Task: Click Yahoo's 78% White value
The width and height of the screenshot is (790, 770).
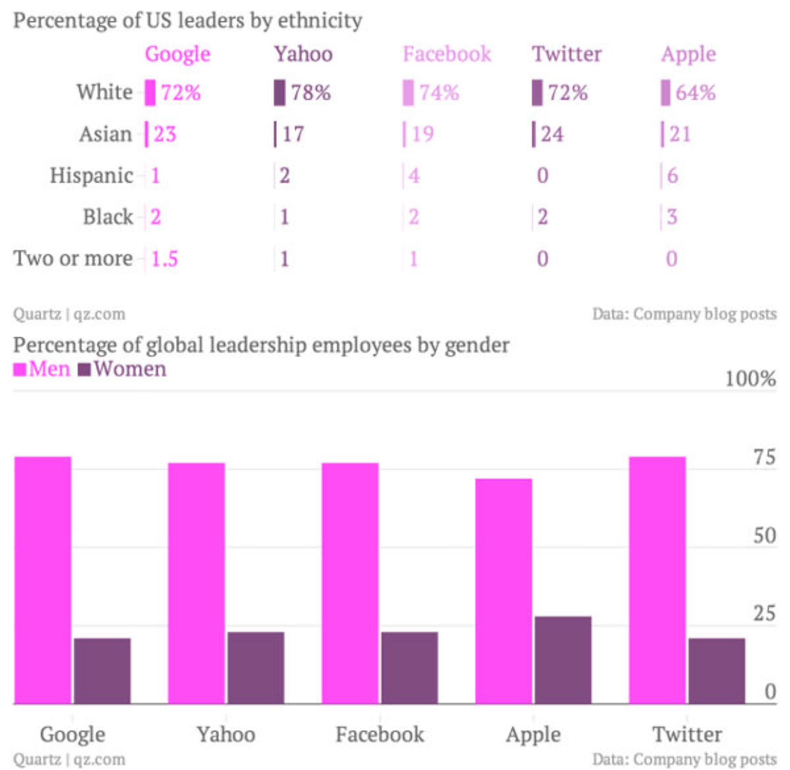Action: click(x=311, y=92)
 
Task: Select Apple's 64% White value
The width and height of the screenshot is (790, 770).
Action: click(x=695, y=92)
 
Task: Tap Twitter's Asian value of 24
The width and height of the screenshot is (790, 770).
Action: click(x=552, y=134)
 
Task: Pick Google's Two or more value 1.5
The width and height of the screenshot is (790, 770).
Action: click(x=165, y=259)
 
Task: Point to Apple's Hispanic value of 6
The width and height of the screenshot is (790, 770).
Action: click(x=672, y=176)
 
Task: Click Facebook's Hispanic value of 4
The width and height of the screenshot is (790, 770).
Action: click(x=414, y=176)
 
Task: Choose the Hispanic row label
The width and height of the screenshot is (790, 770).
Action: click(x=91, y=176)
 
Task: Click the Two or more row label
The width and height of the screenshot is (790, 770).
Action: click(x=73, y=259)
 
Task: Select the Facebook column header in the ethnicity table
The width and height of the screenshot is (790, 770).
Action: click(x=447, y=54)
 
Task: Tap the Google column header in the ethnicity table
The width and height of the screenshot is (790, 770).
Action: click(x=177, y=54)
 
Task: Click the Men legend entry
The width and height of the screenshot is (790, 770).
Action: click(x=49, y=369)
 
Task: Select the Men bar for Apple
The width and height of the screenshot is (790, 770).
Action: click(x=503, y=592)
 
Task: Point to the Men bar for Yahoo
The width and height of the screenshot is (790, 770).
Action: click(x=196, y=584)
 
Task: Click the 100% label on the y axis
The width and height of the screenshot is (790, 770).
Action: click(x=750, y=379)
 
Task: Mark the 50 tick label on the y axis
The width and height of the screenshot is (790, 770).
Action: click(x=764, y=536)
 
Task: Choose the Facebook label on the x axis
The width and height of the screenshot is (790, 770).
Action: click(x=379, y=735)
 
